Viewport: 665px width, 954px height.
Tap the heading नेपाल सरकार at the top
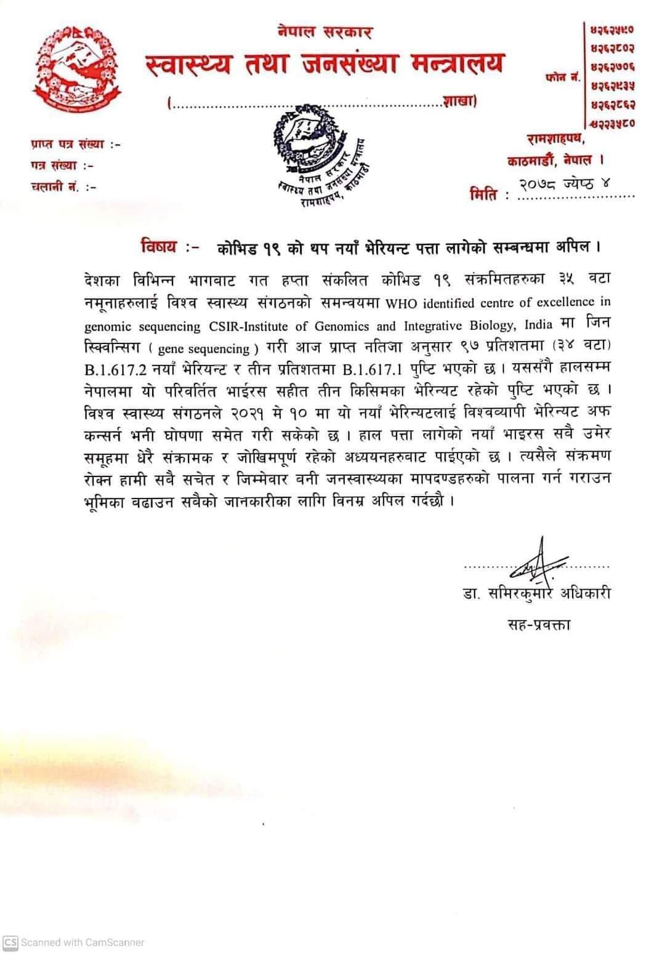pyautogui.click(x=324, y=31)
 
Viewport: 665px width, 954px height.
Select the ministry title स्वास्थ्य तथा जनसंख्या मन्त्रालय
pyautogui.click(x=325, y=65)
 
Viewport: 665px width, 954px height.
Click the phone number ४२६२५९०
pyautogui.click(x=612, y=29)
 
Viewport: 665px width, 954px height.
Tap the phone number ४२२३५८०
pyautogui.click(x=612, y=122)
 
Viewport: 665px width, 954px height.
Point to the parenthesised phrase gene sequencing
pyautogui.click(x=204, y=349)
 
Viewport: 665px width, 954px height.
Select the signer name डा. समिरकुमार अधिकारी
pyautogui.click(x=537, y=594)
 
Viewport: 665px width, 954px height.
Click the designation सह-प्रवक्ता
pyautogui.click(x=538, y=625)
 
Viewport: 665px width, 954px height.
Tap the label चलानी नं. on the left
pyautogui.click(x=55, y=186)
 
